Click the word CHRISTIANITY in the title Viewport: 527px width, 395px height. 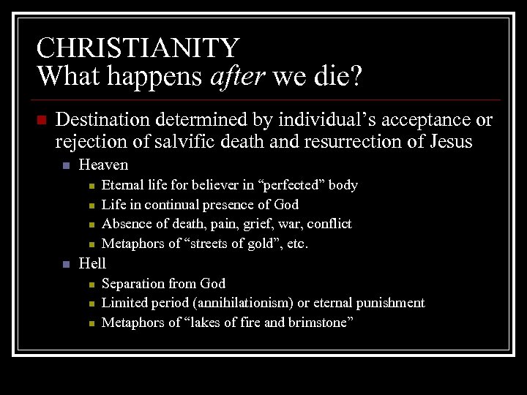[138, 48]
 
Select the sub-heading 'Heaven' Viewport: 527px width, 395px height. [103, 165]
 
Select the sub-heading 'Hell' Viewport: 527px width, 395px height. [92, 263]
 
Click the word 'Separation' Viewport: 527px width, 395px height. [133, 283]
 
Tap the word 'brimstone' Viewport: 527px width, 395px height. [316, 322]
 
